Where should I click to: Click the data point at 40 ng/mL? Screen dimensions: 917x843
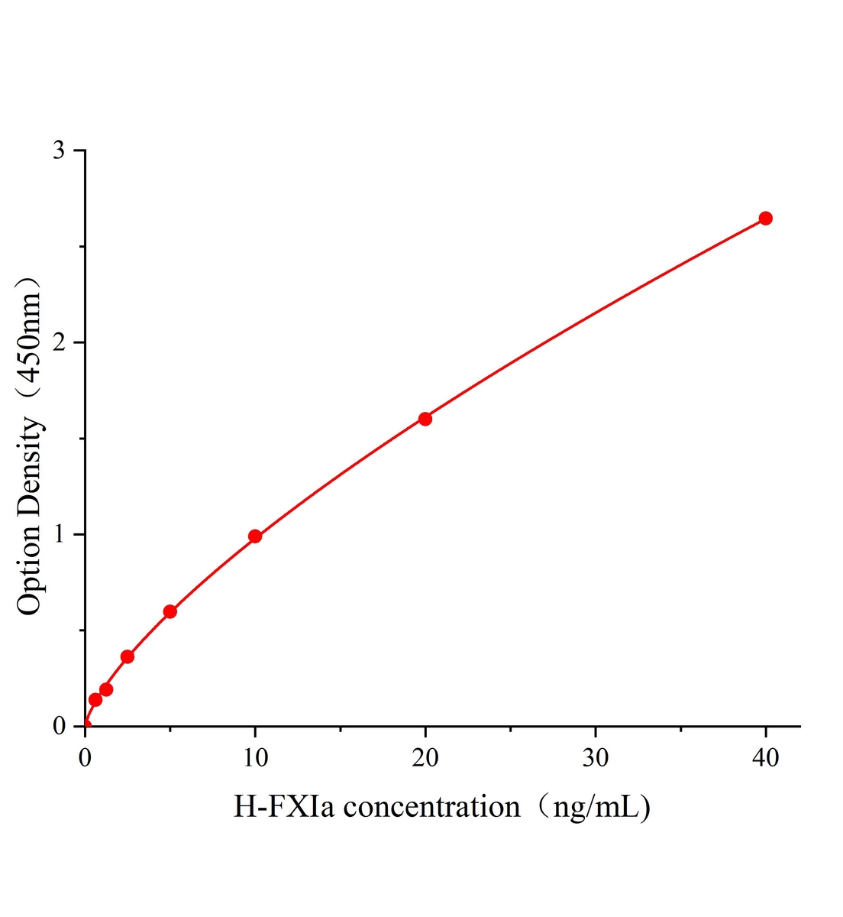click(765, 219)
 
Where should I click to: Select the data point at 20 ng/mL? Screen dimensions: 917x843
click(425, 419)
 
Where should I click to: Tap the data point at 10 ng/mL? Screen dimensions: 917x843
click(255, 536)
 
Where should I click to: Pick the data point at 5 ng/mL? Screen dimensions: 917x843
click(170, 611)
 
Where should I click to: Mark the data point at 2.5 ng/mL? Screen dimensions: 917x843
click(128, 656)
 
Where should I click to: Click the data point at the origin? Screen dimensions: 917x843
click(86, 725)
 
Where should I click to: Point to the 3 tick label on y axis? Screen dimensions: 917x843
click(59, 151)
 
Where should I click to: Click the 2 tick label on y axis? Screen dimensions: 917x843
click(59, 342)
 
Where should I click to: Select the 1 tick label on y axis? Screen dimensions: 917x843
click(59, 534)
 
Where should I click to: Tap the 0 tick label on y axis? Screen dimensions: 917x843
click(59, 726)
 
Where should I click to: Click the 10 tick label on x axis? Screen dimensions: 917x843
click(255, 757)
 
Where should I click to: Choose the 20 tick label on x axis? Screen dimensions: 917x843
click(425, 757)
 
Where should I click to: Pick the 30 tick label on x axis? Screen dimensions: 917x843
click(596, 757)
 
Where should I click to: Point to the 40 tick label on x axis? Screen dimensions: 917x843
click(765, 757)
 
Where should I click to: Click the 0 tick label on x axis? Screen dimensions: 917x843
click(86, 757)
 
